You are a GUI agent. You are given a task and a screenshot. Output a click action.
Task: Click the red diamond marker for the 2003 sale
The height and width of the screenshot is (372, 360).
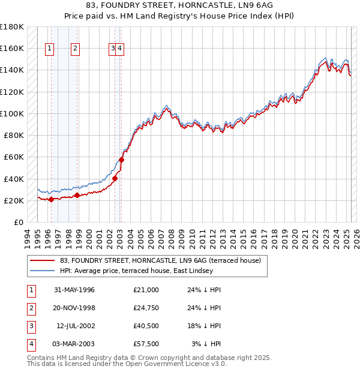click(121, 160)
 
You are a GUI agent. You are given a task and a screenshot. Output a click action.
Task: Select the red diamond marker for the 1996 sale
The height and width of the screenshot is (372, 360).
click(51, 199)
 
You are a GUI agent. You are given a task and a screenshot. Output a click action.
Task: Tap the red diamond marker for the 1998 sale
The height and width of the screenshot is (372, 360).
click(77, 195)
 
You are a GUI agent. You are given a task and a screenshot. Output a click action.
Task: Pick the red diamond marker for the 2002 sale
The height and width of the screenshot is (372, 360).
click(115, 178)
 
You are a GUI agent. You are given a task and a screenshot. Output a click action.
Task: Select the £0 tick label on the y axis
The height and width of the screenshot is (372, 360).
click(18, 222)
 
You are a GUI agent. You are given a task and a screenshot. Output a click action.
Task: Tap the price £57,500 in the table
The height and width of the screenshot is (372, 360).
click(146, 344)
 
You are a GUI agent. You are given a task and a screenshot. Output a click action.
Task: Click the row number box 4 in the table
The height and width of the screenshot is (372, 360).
click(31, 344)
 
